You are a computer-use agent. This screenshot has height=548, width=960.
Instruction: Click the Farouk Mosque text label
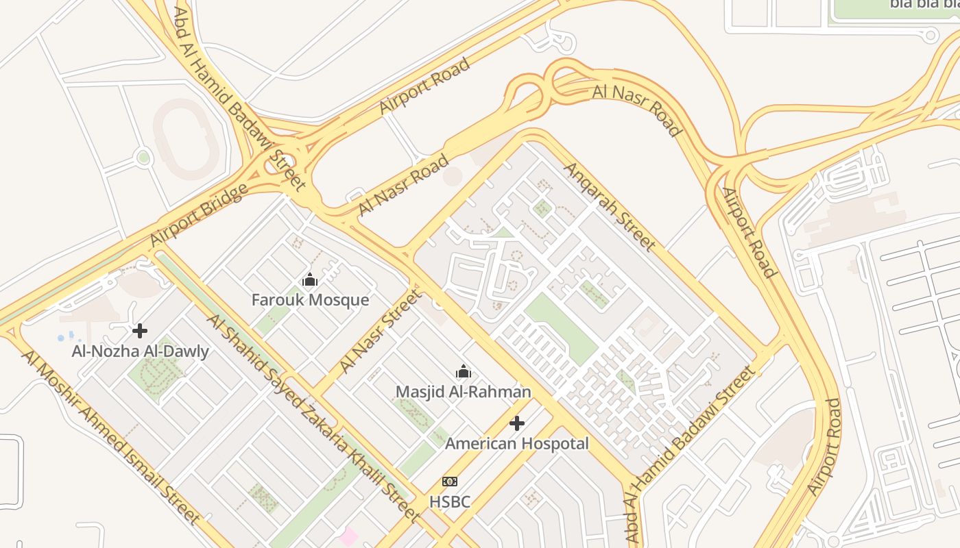coord(310,300)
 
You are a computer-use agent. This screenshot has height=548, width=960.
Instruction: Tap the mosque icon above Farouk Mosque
coord(310,279)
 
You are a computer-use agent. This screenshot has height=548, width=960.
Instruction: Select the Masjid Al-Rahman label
coord(464,392)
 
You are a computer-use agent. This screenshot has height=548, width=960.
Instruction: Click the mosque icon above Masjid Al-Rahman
coord(464,371)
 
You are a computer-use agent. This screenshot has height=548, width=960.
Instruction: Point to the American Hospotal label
coord(517,444)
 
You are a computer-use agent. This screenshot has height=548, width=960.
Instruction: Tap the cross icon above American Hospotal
coord(517,423)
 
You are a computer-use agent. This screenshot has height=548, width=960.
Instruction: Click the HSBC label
coord(450,502)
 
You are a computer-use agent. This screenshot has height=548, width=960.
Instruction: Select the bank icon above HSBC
coord(450,482)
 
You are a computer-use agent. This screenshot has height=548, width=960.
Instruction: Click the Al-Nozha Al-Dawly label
coord(141,352)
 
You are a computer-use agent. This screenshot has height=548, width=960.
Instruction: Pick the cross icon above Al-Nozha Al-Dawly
coord(140,331)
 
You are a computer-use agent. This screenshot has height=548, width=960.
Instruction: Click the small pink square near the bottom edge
coord(348,536)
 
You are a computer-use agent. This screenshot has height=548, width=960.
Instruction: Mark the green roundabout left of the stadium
coord(143,158)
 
